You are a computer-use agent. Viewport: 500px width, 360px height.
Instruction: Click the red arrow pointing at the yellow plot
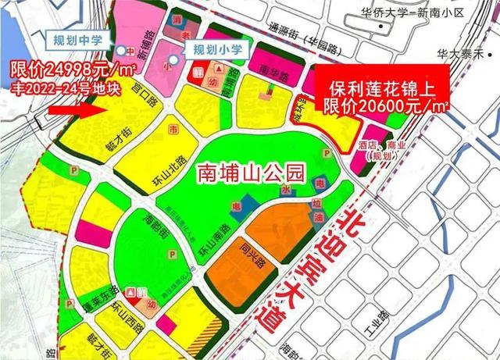73,109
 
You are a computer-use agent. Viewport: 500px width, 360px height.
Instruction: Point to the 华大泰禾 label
467,54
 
